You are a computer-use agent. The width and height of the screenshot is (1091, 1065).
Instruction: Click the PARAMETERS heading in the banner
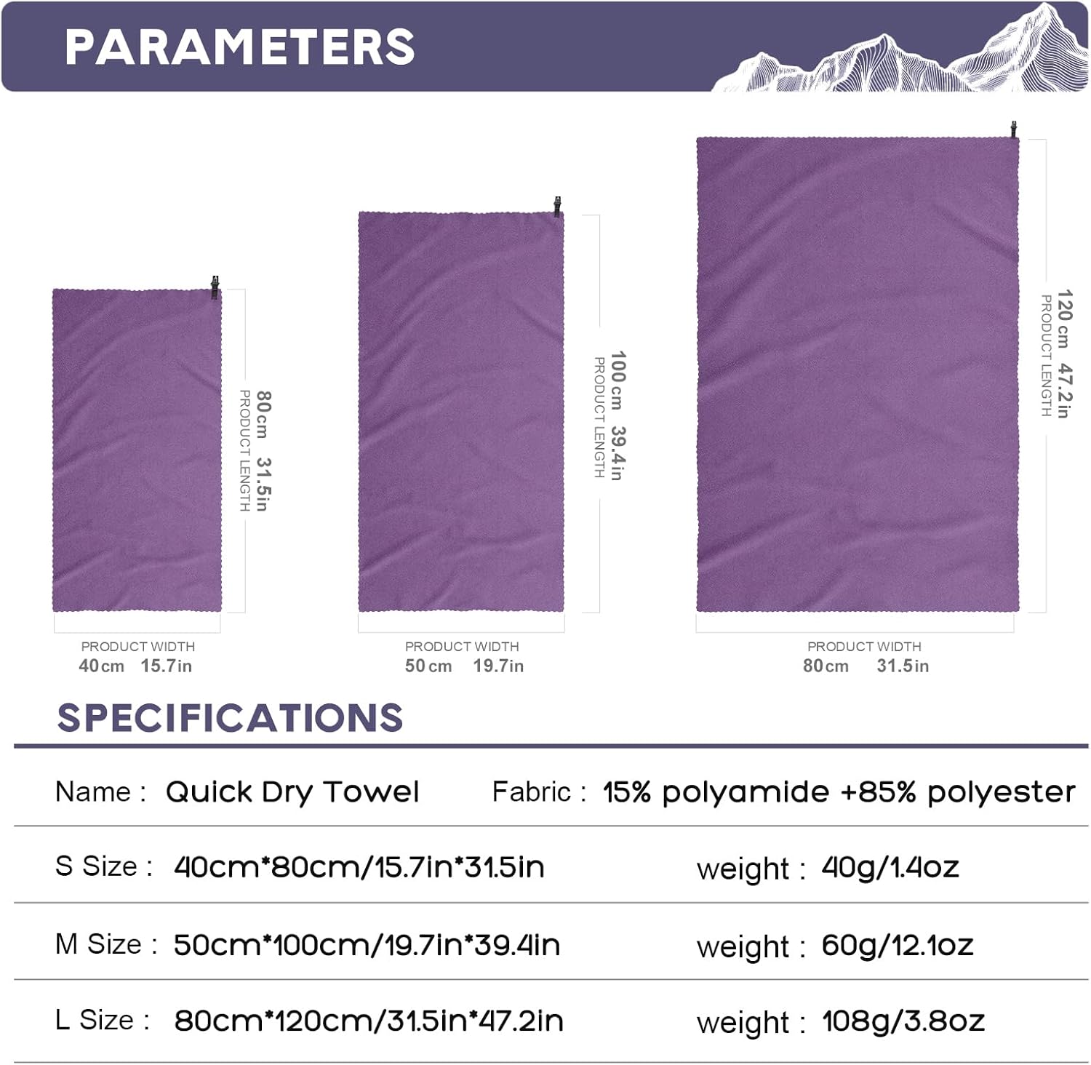coord(239,47)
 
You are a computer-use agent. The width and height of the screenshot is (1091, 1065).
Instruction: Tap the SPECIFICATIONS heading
coord(230,718)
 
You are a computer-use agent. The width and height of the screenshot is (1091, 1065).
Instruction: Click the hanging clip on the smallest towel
coord(215,287)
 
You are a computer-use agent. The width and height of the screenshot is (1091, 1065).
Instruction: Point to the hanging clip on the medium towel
coord(557,207)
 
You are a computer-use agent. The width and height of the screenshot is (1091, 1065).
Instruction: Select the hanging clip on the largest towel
coord(1013,130)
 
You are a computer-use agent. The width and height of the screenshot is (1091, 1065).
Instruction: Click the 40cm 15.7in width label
coord(135,666)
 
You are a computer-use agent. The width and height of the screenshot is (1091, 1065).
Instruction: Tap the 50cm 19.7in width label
coord(464,666)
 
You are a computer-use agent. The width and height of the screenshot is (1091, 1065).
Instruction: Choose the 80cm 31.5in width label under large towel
coord(866,666)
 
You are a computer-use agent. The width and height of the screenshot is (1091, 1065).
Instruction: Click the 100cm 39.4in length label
coord(617,415)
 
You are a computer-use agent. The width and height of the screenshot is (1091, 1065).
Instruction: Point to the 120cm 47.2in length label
coord(1063,354)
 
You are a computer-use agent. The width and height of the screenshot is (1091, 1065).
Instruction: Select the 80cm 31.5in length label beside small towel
coord(263,451)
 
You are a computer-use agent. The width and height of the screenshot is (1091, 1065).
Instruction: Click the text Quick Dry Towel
coord(292,791)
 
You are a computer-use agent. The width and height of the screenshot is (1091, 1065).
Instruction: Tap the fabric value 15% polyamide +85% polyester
coord(839,791)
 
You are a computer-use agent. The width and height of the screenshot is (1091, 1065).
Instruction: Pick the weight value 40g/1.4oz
coord(890,867)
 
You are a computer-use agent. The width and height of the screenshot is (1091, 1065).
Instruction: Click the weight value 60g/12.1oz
coord(898,945)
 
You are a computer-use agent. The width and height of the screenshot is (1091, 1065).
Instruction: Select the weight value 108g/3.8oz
coord(903,1021)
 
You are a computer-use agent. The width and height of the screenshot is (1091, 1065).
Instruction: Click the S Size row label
coord(103,866)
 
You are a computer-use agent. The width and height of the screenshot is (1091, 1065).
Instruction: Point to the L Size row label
coord(102,1020)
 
